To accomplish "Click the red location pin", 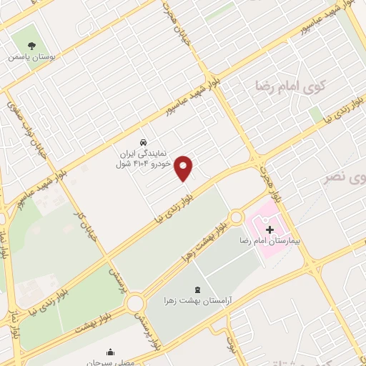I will tap(184, 168).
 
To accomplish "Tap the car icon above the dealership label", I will tap(144, 141).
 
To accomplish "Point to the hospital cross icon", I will tap(269, 229).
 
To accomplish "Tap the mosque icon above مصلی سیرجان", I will tap(110, 352).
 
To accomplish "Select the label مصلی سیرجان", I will tap(110, 362).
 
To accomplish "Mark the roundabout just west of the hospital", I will tap(236, 216).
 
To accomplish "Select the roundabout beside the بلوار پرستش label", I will tap(135, 303).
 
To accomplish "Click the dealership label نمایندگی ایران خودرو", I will tap(144, 158).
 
